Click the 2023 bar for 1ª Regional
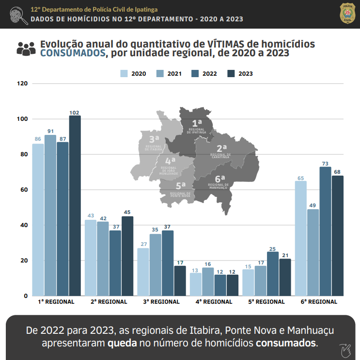point(75,206)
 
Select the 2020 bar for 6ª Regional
point(300,238)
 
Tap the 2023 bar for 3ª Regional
point(180,281)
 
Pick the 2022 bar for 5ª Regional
point(273,274)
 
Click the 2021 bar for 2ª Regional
point(103,259)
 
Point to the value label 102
point(74,113)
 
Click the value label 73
point(325,164)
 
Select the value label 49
point(313,205)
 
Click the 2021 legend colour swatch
point(160,74)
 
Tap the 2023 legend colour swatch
point(231,74)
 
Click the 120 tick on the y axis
point(22,83)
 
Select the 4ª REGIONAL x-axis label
point(214,302)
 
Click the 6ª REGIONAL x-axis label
point(319,302)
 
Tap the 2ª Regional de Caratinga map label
point(221,151)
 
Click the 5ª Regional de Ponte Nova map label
point(180,190)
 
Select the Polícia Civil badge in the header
point(347,13)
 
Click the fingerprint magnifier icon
point(19,16)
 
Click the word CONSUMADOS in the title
point(73,53)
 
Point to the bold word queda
point(122,343)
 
